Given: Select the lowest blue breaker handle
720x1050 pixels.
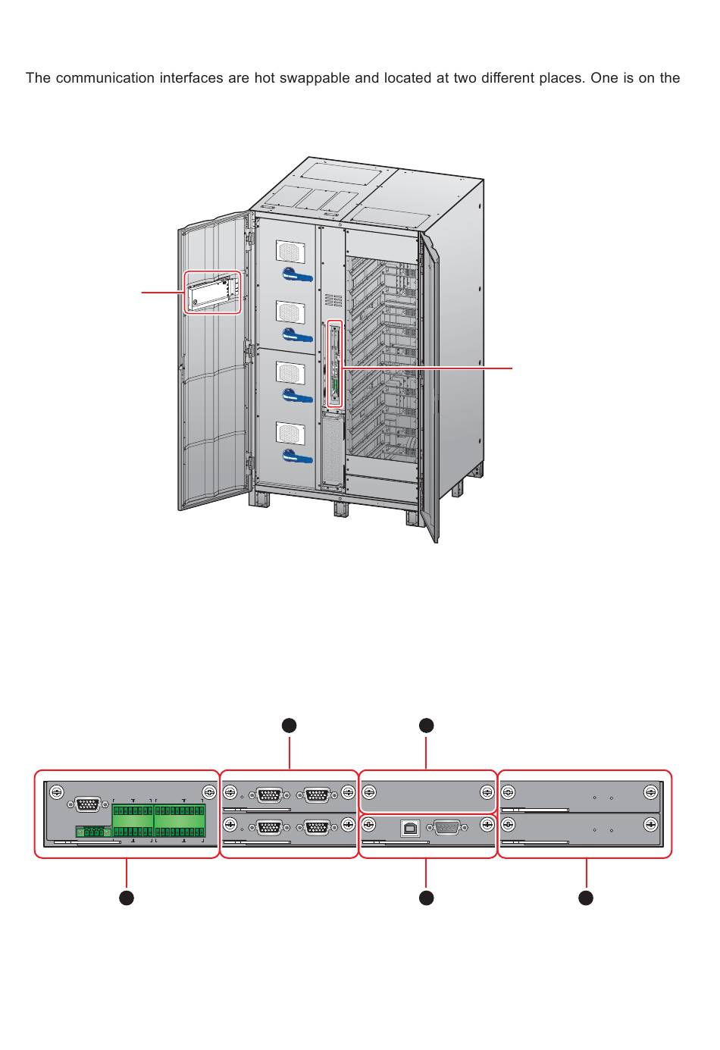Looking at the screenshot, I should click(x=298, y=456).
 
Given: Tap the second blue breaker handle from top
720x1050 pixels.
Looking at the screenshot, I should click(x=298, y=335).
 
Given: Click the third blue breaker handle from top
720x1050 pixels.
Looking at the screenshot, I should click(x=298, y=396).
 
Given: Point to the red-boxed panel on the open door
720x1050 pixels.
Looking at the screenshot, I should click(x=213, y=293).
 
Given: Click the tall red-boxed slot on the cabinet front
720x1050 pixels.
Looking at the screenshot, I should click(x=335, y=364).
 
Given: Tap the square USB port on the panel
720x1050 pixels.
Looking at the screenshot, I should click(x=410, y=828).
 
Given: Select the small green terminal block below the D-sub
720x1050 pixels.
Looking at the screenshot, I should click(x=93, y=832).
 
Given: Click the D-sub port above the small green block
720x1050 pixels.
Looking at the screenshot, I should click(x=88, y=805).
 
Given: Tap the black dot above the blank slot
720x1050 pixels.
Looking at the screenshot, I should click(x=427, y=726).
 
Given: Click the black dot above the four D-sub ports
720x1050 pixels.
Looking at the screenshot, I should click(x=289, y=726).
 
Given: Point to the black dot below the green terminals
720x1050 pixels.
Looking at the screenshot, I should click(x=127, y=898).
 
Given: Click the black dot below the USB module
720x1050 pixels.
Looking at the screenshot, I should click(x=427, y=898).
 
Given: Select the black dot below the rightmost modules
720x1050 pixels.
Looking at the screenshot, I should click(x=586, y=898).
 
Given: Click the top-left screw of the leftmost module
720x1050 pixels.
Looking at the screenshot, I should click(x=55, y=793).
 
